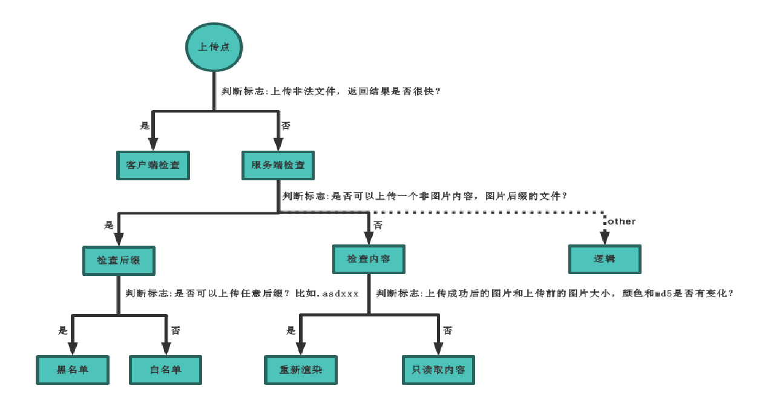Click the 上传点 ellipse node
(214, 47)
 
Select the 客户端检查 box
(153, 165)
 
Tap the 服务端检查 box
(278, 165)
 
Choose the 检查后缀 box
(119, 261)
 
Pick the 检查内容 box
(369, 259)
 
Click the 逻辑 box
(605, 259)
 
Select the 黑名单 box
(73, 370)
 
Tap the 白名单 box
(166, 370)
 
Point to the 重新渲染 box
(301, 370)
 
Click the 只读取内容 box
(439, 370)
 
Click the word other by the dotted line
(622, 221)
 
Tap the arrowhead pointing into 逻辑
(605, 237)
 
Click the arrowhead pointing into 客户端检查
(153, 144)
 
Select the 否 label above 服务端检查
(286, 126)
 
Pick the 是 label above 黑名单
(63, 330)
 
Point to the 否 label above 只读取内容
(447, 330)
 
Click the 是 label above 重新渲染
(291, 330)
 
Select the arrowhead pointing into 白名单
(166, 349)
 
